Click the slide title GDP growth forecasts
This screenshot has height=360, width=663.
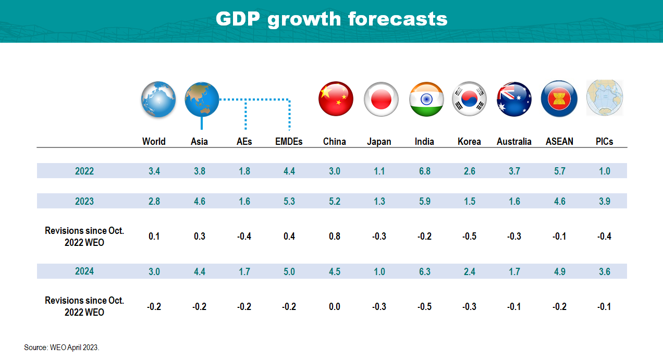(x=331, y=19)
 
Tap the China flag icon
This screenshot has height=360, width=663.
(x=336, y=99)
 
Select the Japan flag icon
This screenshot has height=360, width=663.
(x=381, y=99)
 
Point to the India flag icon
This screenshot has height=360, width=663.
(x=426, y=99)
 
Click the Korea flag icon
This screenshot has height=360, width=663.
(x=469, y=99)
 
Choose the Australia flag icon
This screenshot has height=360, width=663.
(x=514, y=99)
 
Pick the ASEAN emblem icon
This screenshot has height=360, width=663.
(x=559, y=99)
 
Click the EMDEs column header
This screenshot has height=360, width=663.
(x=289, y=142)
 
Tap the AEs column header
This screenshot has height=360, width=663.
(x=244, y=142)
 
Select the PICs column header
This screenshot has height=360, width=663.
(x=604, y=142)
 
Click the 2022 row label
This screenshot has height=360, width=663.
(x=84, y=171)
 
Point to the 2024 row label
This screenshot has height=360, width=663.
(x=84, y=271)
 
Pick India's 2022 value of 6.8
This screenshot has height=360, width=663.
(x=425, y=171)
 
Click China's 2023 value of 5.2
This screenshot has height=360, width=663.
(x=334, y=201)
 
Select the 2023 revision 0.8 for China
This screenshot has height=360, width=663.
(x=334, y=237)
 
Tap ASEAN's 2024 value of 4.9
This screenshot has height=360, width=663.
(x=559, y=271)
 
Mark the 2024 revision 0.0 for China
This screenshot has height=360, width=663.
(x=334, y=307)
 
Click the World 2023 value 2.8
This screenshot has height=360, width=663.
(x=154, y=201)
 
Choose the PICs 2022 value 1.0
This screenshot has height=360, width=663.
(x=604, y=171)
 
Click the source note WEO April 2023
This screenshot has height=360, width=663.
(x=62, y=347)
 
